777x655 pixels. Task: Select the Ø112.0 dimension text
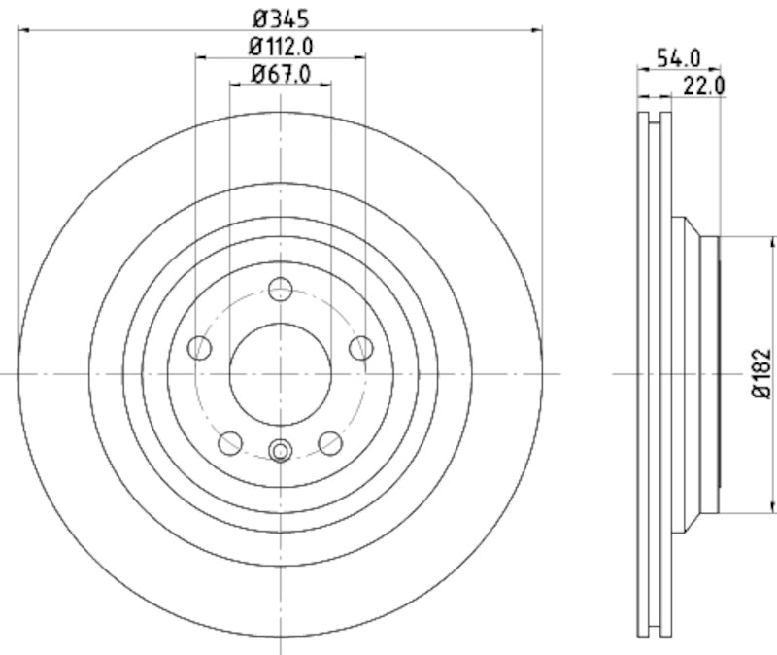(281, 45)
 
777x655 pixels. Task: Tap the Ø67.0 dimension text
(281, 73)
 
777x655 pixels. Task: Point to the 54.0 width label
(678, 58)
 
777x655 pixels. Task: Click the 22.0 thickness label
(704, 86)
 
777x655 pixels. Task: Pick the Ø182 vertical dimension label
(762, 374)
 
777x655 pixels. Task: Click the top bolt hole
(281, 289)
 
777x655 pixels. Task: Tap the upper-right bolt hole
(361, 347)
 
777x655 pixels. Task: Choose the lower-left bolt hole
(230, 443)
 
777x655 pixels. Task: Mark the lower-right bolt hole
(330, 443)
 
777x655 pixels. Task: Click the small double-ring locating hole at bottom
(281, 450)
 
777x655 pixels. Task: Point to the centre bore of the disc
(281, 374)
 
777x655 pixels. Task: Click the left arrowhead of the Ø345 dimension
(23, 30)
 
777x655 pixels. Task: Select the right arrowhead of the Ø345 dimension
(537, 30)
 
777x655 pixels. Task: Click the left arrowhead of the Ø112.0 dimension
(200, 57)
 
